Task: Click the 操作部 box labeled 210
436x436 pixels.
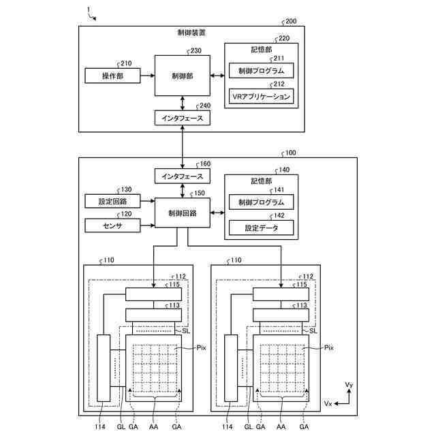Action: pos(112,76)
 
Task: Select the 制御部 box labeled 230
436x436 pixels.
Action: pos(183,76)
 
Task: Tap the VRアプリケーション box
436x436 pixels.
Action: pos(261,97)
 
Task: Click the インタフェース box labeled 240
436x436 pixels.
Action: pos(183,118)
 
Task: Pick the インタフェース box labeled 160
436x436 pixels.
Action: pos(183,176)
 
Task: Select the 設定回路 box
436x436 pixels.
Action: pos(112,201)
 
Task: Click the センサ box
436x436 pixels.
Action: pos(112,225)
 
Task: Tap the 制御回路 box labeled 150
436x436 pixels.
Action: pos(183,213)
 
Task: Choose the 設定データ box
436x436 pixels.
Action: pos(261,228)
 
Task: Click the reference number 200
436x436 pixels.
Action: pos(291,21)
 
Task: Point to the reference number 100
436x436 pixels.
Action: pos(291,153)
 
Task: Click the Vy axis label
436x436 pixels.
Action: pos(349,385)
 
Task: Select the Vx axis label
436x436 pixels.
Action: pos(328,403)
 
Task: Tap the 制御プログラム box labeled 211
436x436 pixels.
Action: pos(261,71)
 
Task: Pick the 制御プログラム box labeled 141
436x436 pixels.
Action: pos(261,202)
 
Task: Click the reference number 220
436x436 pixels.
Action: pos(284,38)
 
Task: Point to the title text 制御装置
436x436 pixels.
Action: pos(191,33)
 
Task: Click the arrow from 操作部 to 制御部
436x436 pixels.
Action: pos(148,76)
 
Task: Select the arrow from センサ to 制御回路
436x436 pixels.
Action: pos(148,225)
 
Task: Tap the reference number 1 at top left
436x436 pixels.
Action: pos(89,10)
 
